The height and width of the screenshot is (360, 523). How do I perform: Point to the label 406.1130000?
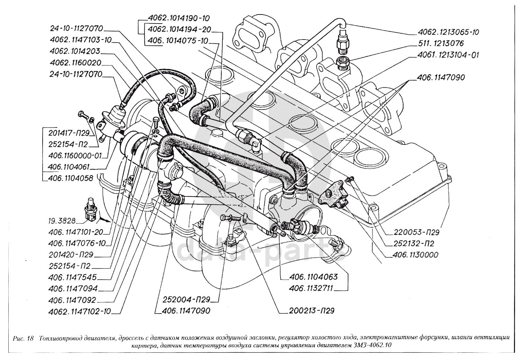coord(415,255)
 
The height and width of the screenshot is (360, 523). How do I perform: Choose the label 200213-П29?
coord(311,311)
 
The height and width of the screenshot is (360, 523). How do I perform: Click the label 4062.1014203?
coord(74,51)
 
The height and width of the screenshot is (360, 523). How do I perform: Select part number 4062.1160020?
coord(75,63)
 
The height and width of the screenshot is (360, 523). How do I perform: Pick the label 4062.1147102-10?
coord(80,311)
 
